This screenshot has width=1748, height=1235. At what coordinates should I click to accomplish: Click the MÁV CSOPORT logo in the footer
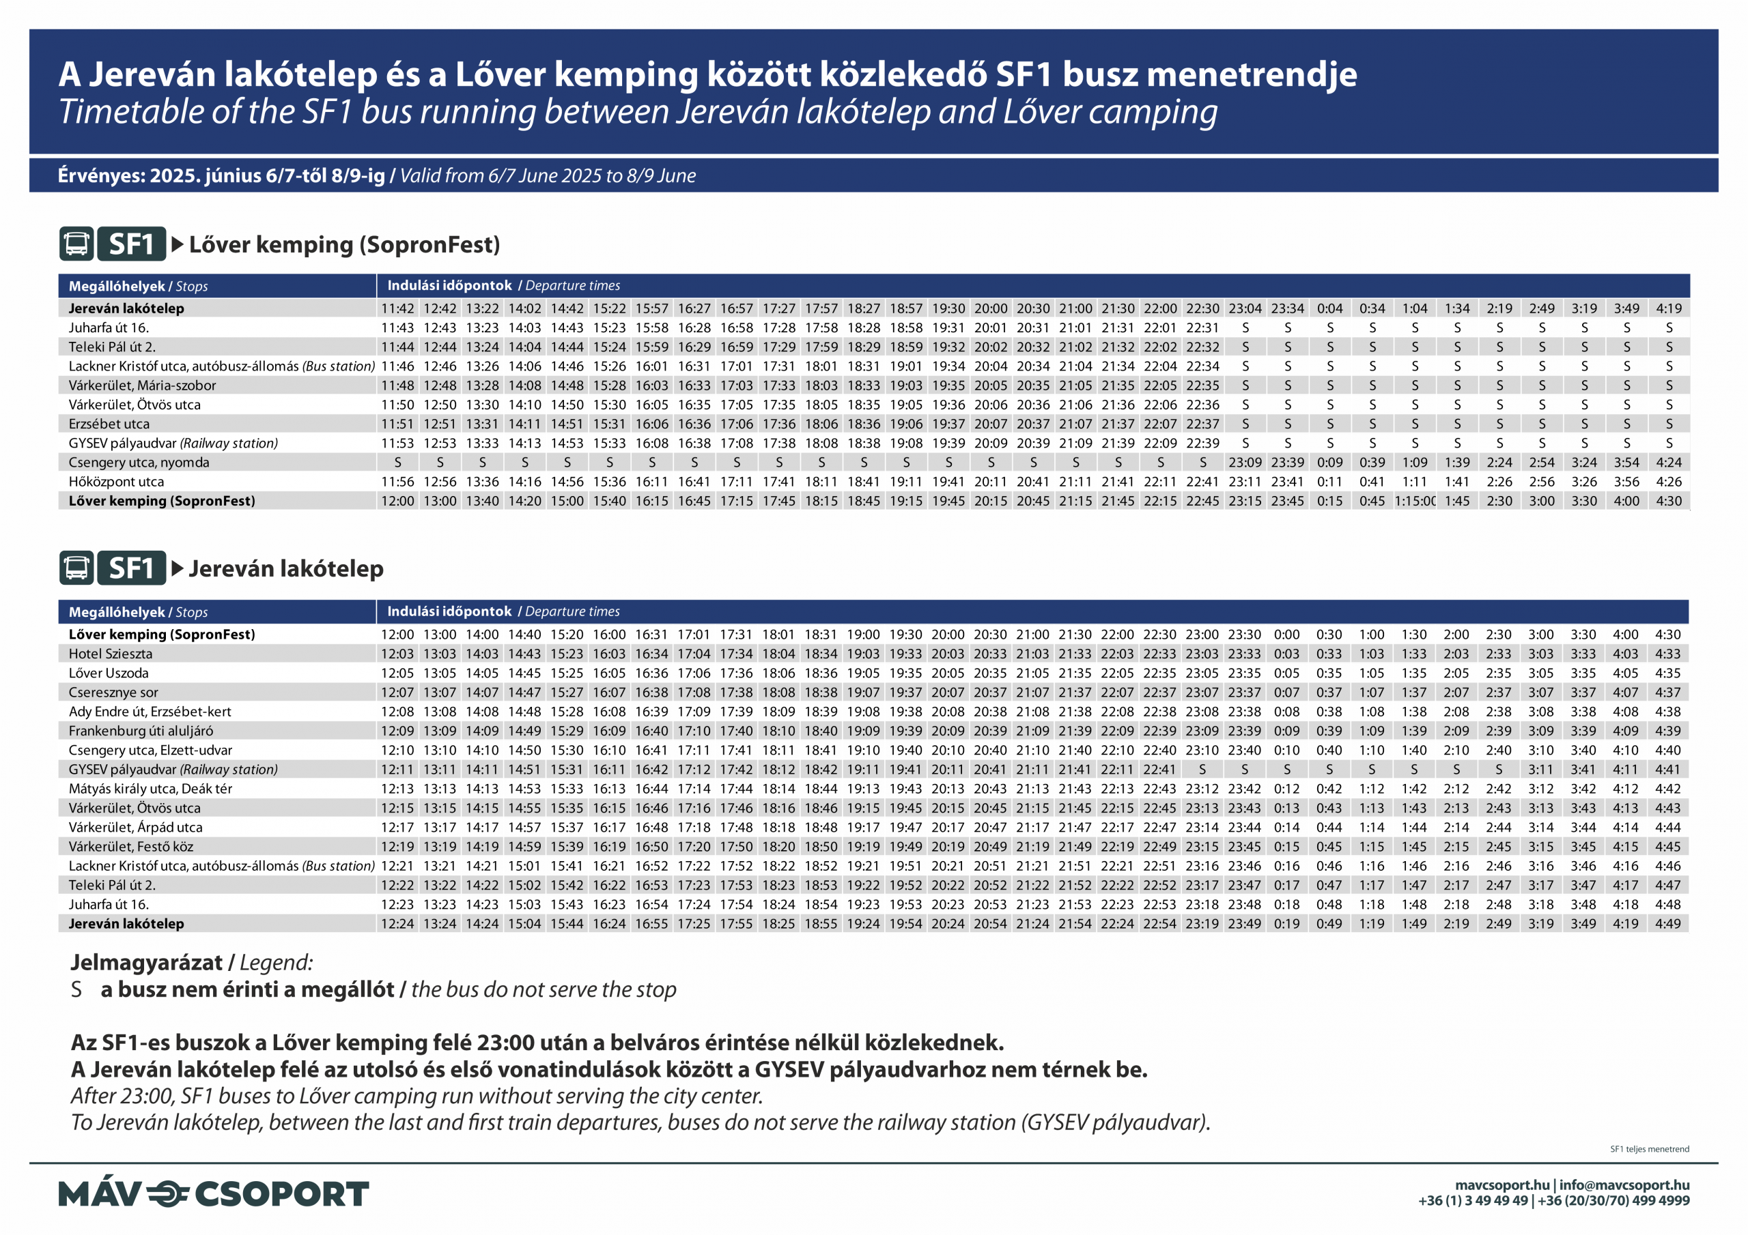(x=213, y=1193)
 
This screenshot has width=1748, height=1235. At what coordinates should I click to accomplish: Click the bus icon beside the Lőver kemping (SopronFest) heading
(x=76, y=244)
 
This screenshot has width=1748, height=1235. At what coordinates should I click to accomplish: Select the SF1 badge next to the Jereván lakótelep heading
(x=131, y=568)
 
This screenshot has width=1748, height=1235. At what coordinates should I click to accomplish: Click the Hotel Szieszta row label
(x=111, y=654)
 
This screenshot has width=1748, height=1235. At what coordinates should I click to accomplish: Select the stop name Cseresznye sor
(x=113, y=693)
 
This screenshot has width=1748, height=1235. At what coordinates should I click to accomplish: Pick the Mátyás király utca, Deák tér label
(x=150, y=788)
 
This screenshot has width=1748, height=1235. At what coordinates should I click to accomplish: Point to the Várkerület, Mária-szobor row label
(x=143, y=385)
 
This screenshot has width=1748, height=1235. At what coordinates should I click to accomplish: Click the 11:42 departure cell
(x=397, y=308)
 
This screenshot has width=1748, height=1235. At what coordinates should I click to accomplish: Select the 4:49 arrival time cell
(x=1667, y=924)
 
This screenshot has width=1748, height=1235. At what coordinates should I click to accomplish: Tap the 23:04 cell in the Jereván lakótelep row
(x=1245, y=308)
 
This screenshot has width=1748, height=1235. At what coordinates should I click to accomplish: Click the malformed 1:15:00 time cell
(x=1415, y=501)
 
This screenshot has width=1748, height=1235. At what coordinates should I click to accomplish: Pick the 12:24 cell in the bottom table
(x=397, y=924)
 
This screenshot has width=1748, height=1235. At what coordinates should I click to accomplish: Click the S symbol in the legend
(x=76, y=989)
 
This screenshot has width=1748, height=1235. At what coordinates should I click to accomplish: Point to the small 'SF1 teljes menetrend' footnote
(x=1649, y=1149)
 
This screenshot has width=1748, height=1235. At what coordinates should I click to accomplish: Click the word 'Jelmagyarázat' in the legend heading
(x=146, y=963)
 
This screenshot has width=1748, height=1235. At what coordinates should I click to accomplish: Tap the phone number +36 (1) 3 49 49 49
(x=1472, y=1201)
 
